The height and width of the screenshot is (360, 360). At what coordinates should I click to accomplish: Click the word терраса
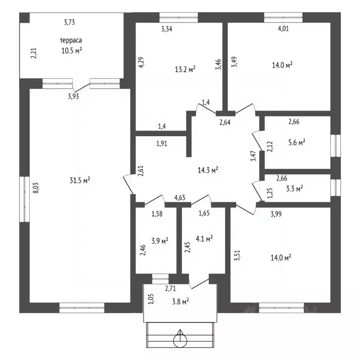click(x=71, y=40)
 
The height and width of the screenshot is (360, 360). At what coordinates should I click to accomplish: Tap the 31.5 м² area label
click(x=80, y=180)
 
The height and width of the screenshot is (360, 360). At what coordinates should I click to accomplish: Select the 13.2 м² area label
click(x=185, y=69)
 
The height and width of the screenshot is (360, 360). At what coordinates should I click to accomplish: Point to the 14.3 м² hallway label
click(x=208, y=170)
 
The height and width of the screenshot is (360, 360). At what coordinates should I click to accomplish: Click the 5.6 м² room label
click(x=297, y=142)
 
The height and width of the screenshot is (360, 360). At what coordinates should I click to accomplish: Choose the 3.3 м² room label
click(x=294, y=189)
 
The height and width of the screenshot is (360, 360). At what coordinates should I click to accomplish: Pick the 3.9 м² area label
click(x=160, y=240)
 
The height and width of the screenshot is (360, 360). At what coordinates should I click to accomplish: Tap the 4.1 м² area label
click(x=204, y=239)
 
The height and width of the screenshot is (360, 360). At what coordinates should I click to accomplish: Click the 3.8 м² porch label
click(x=180, y=301)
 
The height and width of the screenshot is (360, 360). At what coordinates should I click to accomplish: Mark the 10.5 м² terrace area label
click(x=72, y=51)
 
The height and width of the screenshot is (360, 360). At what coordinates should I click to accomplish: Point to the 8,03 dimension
click(x=36, y=187)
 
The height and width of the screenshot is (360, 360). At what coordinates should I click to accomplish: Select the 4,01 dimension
click(x=283, y=29)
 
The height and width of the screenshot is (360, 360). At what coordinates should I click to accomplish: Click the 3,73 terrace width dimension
click(x=69, y=22)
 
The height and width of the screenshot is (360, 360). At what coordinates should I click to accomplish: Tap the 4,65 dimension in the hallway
click(x=180, y=197)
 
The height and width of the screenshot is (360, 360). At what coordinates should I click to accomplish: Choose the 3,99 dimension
click(x=276, y=214)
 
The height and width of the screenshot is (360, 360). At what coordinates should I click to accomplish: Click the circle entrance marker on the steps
click(x=180, y=340)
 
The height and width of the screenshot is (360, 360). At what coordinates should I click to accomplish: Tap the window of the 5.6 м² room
click(x=336, y=146)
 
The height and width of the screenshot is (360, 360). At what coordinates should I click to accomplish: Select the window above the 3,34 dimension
click(x=179, y=17)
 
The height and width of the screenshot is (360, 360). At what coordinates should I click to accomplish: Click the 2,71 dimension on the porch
click(x=170, y=288)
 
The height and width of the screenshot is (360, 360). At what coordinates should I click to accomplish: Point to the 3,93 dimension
click(x=73, y=96)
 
